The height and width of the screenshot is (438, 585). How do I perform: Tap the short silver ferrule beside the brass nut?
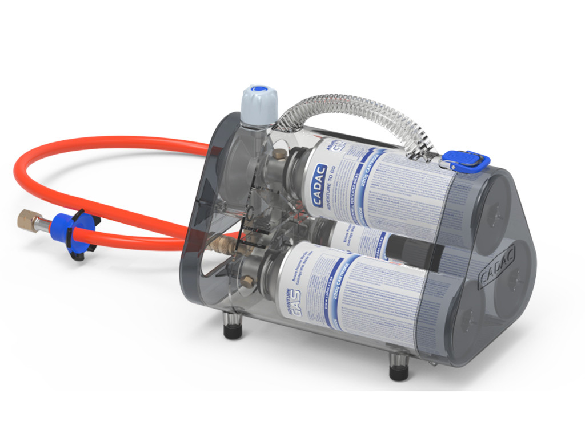(x=43, y=224)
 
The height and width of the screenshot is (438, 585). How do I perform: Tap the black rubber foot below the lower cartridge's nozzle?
(x=233, y=328)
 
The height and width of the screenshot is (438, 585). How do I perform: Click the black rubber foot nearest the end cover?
(x=399, y=368)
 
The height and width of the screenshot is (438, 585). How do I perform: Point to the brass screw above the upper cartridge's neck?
(x=279, y=153)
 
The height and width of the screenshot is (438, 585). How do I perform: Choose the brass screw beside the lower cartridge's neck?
(x=248, y=281)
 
